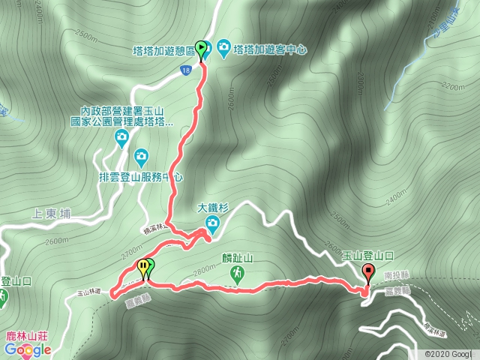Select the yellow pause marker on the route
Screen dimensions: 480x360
pyautogui.click(x=142, y=267)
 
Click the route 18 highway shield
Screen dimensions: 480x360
pyautogui.click(x=184, y=70)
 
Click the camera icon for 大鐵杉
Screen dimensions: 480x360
pyautogui.click(x=212, y=222)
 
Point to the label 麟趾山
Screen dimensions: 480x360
pyautogui.click(x=238, y=259)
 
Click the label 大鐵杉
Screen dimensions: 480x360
pyautogui.click(x=212, y=206)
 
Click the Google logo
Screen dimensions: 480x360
pyautogui.click(x=27, y=349)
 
